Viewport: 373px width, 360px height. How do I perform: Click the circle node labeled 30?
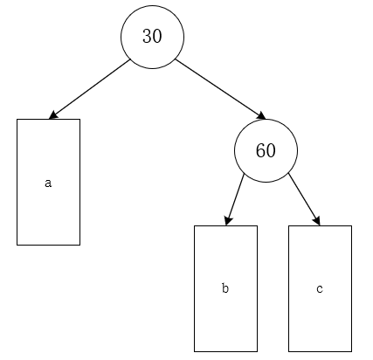point(152,36)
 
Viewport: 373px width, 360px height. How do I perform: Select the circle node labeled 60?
point(266,149)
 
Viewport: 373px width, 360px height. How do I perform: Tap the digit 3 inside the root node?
point(147,36)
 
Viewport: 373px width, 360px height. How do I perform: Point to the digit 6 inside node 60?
point(260,149)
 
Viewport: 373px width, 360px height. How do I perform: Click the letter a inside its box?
point(48,183)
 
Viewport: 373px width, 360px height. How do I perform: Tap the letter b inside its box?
point(225,288)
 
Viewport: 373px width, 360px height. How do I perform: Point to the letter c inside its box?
point(320,288)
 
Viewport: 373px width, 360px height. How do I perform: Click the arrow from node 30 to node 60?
point(218,88)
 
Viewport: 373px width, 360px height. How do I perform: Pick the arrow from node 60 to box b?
point(235,198)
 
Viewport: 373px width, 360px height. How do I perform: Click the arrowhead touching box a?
point(53,115)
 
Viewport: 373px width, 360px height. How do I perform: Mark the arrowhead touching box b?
point(227,221)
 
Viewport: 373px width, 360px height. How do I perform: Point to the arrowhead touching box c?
point(318,221)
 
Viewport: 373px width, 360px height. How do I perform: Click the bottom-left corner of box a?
point(17,244)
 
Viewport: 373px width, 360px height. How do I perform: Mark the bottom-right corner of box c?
point(351,350)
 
